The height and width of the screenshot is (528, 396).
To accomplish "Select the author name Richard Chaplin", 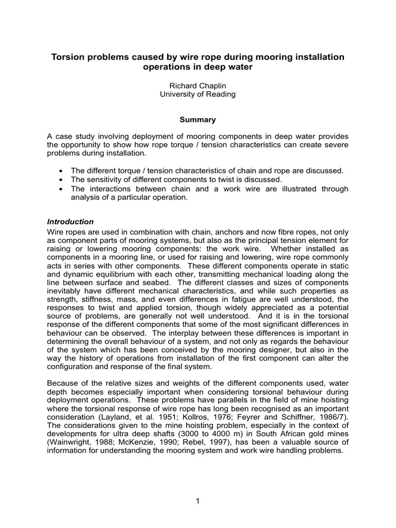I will [197, 86].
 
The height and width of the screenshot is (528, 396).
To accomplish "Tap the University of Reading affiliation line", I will [197, 94].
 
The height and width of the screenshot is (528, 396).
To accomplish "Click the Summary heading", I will [197, 120].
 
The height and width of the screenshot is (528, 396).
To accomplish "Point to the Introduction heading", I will [70, 222].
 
